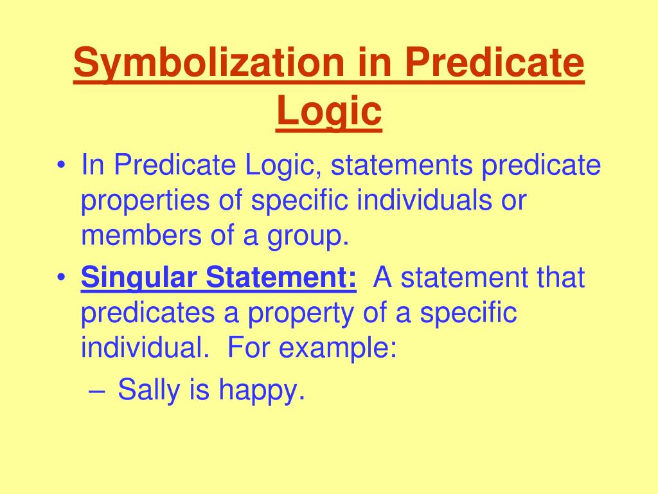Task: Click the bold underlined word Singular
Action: [139, 279]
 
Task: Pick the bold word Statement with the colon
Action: [280, 278]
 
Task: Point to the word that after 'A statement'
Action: [560, 278]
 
